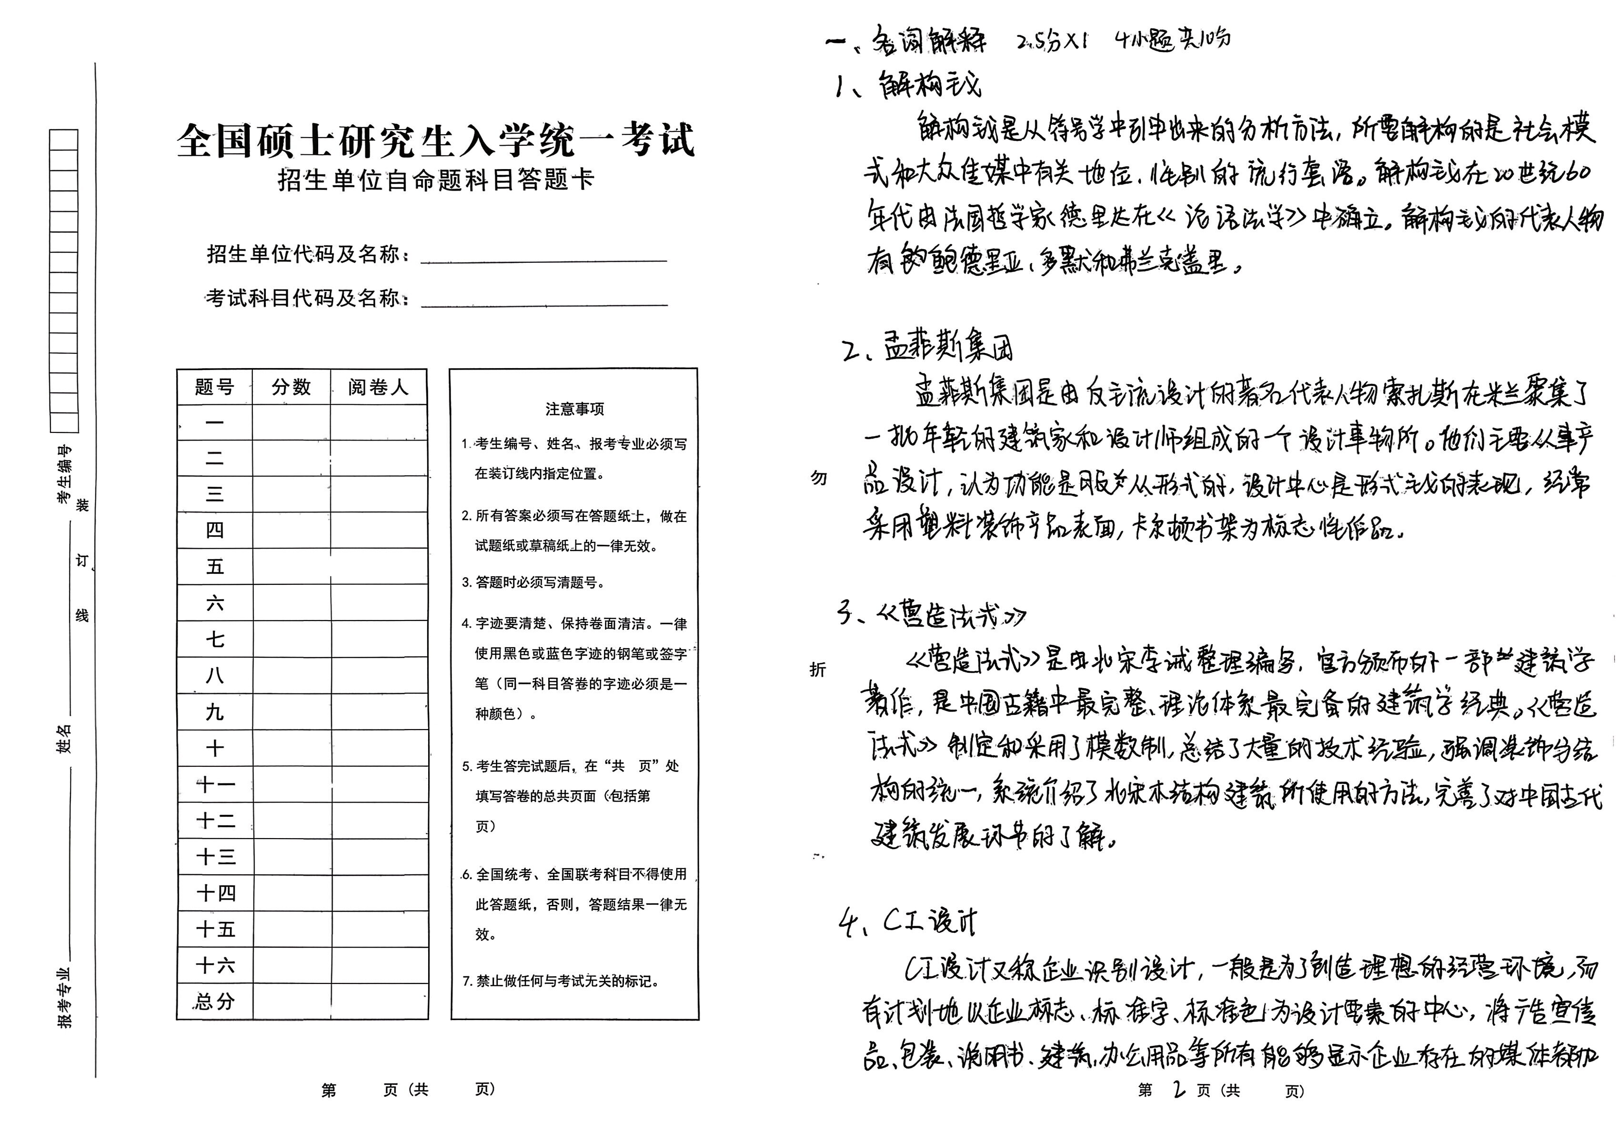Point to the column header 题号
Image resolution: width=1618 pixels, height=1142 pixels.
[214, 387]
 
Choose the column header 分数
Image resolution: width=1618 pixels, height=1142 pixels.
[291, 387]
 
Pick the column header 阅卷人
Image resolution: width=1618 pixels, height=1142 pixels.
[379, 387]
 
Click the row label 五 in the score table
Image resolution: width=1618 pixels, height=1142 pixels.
[214, 566]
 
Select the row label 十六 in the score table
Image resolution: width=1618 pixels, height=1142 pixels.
[214, 965]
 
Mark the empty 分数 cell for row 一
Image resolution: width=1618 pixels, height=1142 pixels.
[291, 423]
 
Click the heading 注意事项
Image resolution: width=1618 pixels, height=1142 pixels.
[574, 409]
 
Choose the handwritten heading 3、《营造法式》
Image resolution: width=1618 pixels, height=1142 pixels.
[930, 616]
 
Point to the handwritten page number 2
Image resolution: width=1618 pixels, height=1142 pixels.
[1178, 1090]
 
